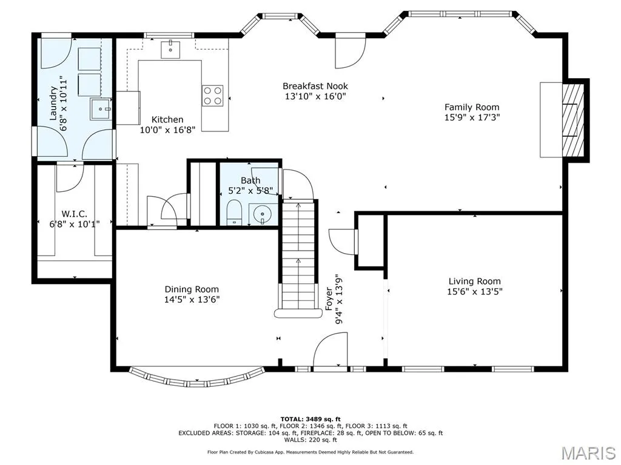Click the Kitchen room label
pos(167,119)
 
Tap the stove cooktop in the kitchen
pos(213,96)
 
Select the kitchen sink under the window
pos(170,50)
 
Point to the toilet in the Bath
pos(234,212)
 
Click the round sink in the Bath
pos(262,215)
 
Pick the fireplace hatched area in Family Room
pos(573,120)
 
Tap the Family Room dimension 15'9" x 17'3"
pos(472,117)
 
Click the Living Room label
pos(474,281)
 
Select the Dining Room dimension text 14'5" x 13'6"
pos(192,299)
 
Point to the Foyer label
pos(329,299)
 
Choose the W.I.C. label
pos(75,214)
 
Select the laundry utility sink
pos(101,109)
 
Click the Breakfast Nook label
pos(315,86)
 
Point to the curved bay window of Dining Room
pos(197,378)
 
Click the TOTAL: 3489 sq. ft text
pos(310,419)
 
